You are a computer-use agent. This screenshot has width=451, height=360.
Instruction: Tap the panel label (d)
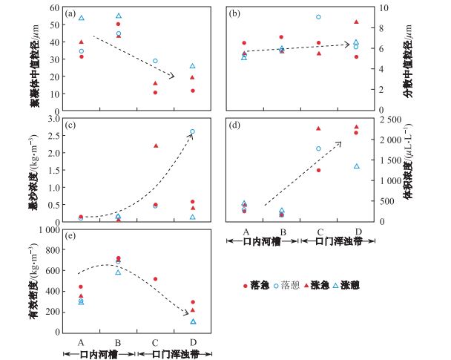(235, 125)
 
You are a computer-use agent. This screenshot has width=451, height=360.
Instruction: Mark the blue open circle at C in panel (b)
(318, 17)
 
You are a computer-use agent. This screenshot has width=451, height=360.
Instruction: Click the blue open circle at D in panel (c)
(193, 131)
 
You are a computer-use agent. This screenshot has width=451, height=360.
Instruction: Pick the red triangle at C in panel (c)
(156, 145)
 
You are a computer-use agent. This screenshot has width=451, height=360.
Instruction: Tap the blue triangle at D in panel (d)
(356, 166)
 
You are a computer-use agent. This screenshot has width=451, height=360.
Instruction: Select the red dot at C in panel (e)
(155, 279)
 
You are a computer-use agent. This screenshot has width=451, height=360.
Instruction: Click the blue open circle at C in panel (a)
(155, 61)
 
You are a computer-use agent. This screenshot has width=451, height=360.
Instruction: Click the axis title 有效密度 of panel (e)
(32, 276)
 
